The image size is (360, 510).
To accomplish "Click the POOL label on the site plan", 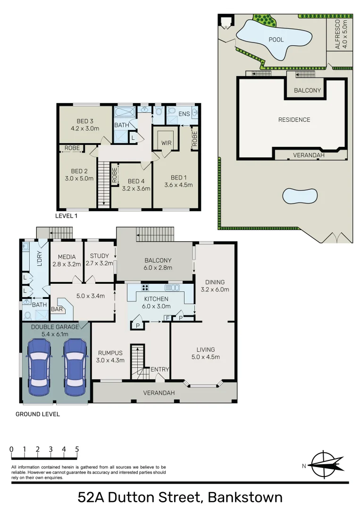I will (276, 40).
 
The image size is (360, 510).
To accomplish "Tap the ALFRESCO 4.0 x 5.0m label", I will (341, 34).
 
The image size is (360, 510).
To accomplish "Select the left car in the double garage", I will (39, 367).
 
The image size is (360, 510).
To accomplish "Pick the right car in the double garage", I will (74, 367).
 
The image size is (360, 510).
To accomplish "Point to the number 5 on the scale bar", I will (76, 449).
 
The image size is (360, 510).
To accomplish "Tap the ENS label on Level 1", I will (184, 114).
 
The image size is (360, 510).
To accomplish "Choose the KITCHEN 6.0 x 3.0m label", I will (156, 302).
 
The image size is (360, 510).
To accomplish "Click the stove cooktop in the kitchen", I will (146, 287).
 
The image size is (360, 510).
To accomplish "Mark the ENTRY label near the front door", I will (159, 369).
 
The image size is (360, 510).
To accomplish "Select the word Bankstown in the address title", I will (245, 497).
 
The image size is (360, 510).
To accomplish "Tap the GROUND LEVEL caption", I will (38, 414).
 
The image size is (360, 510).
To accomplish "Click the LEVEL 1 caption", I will (67, 216).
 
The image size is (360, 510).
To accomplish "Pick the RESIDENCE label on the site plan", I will (294, 120).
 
